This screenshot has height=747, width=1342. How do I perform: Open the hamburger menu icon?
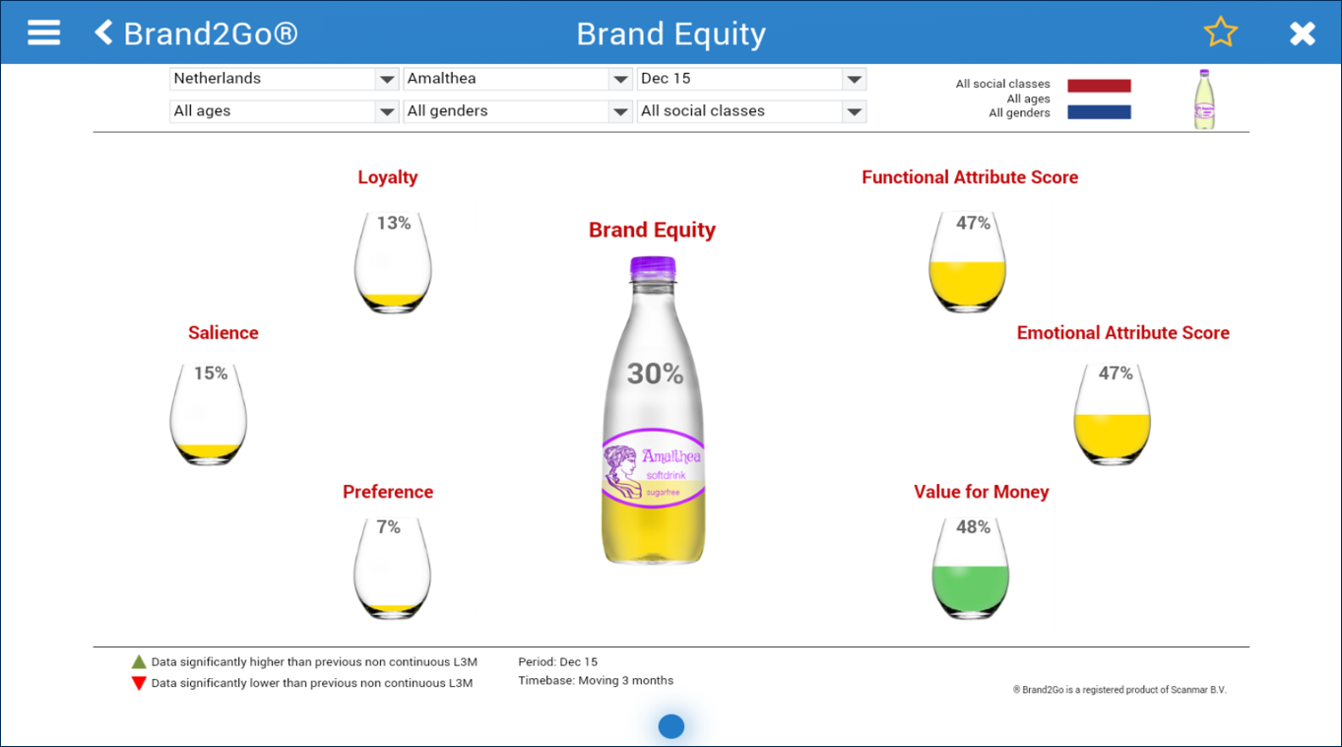(43, 33)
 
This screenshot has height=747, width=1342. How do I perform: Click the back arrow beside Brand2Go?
(103, 33)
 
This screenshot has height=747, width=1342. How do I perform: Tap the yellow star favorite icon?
(1220, 32)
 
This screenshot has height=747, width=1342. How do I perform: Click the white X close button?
(1303, 34)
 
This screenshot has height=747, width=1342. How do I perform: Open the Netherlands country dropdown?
(284, 79)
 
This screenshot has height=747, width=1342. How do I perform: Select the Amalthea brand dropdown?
(518, 79)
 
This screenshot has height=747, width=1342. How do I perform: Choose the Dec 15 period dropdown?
(751, 79)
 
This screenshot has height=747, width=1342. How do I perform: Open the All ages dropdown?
(284, 111)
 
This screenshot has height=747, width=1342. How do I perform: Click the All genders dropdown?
(518, 111)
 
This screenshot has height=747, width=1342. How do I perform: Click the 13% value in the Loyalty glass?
(394, 223)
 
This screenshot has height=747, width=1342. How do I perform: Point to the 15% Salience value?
(211, 373)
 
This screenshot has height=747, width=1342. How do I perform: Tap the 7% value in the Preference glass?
(388, 527)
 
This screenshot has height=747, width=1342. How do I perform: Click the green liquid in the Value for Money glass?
(970, 589)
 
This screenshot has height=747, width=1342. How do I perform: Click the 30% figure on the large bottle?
(655, 373)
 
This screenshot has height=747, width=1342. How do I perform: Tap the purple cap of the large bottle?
(653, 267)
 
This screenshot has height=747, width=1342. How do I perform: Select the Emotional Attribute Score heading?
(1122, 333)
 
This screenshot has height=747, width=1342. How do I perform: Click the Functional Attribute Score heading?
(970, 177)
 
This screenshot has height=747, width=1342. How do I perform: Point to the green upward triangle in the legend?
(139, 662)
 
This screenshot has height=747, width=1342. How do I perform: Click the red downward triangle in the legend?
(139, 684)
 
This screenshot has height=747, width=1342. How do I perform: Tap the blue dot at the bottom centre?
(671, 726)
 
